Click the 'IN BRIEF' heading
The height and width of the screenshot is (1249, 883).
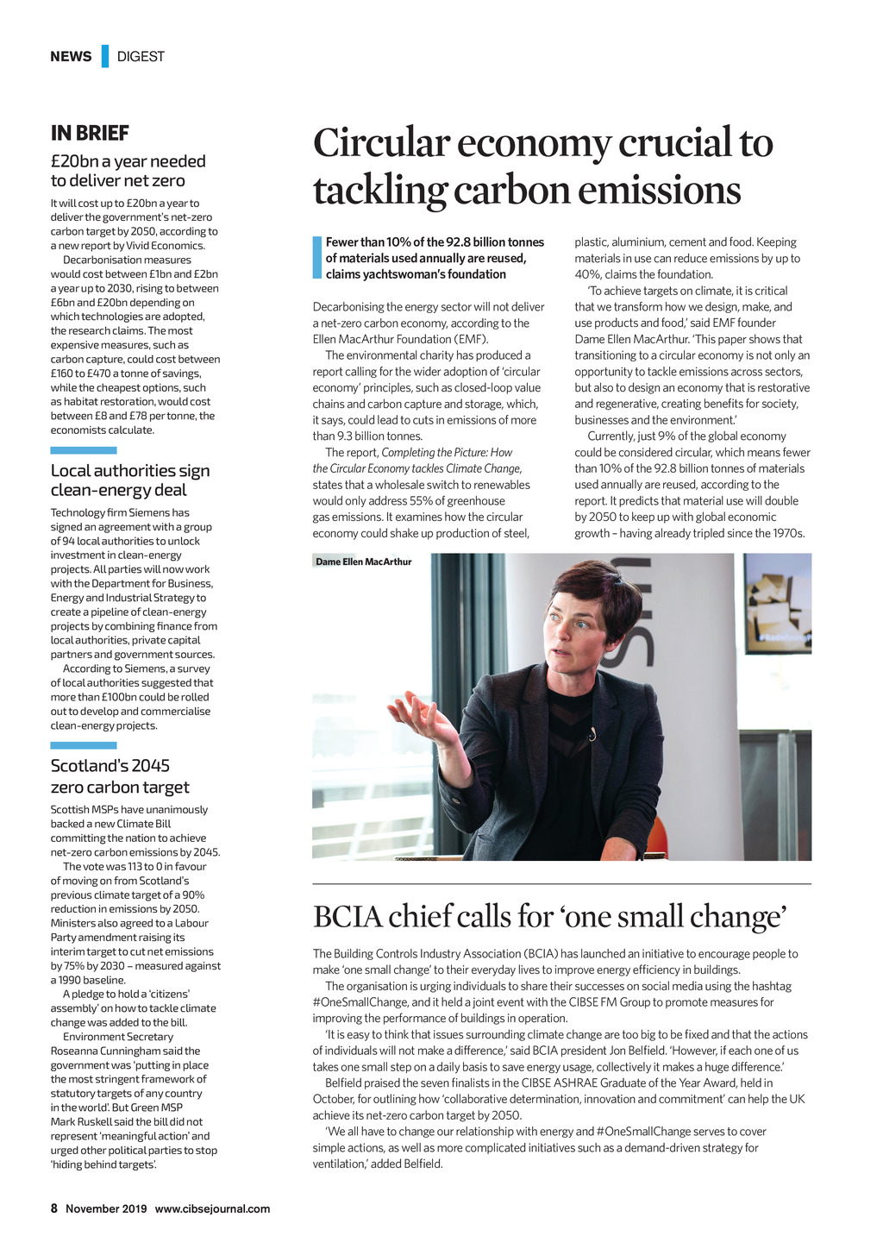[x=90, y=133]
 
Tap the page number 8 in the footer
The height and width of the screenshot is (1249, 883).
[x=53, y=1208]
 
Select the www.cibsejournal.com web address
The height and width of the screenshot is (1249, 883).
[x=212, y=1208]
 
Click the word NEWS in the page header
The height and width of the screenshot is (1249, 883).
[x=71, y=56]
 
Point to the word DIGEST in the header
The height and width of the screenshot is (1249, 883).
[x=141, y=56]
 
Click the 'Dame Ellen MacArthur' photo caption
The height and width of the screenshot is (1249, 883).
[x=363, y=562]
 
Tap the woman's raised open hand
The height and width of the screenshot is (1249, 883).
[x=422, y=715]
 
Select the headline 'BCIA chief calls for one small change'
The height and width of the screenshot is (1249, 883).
[x=549, y=916]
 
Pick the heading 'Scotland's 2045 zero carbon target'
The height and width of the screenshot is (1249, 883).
[x=119, y=776]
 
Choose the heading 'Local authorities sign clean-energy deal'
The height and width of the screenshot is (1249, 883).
[x=130, y=480]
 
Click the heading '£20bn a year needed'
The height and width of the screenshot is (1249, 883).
[x=128, y=161]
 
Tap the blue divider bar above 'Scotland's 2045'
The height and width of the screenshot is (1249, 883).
[x=84, y=745]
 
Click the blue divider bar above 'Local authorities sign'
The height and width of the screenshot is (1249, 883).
[x=84, y=450]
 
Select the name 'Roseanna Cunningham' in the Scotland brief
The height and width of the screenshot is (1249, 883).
[x=103, y=1051]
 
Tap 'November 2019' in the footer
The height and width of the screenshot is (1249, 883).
[x=106, y=1208]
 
